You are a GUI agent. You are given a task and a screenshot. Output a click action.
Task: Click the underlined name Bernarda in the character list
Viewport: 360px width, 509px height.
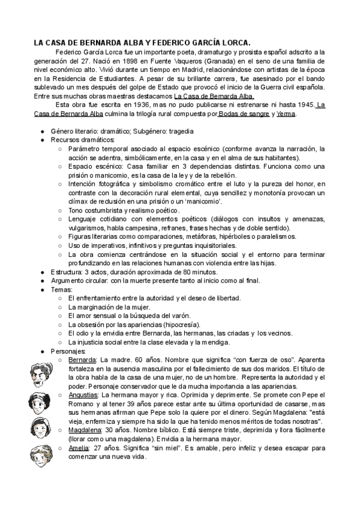82,360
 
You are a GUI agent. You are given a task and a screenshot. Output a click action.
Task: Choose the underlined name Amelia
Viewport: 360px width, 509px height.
79,448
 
